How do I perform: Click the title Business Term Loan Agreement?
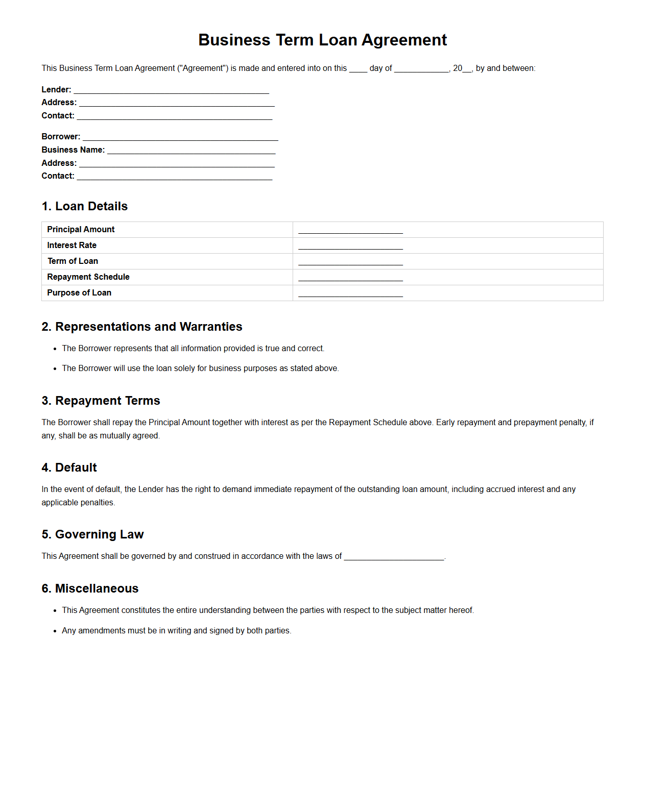point(322,40)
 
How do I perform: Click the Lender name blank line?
point(171,91)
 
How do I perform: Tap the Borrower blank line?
point(180,138)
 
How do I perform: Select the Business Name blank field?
point(191,151)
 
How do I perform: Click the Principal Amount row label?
point(81,230)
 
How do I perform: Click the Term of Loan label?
point(73,261)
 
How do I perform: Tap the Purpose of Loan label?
point(79,293)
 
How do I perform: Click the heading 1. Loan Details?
point(85,206)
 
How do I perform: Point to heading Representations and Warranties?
point(142,327)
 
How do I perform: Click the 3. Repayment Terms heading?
point(101,401)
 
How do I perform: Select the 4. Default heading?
point(69,468)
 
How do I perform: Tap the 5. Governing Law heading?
point(93,534)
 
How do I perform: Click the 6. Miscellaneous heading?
point(90,588)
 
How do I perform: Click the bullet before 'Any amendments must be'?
point(55,631)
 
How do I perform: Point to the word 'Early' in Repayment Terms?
point(445,423)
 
